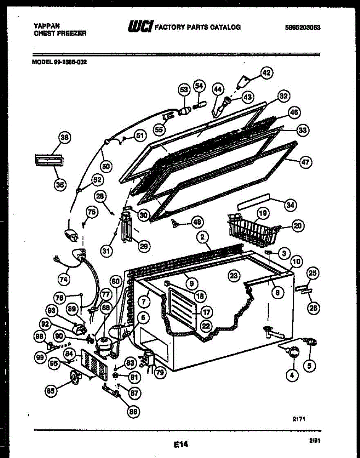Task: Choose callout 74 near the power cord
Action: [64, 279]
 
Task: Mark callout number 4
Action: [292, 375]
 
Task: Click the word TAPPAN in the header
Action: [47, 26]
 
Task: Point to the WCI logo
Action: [140, 26]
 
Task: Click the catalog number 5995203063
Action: [302, 27]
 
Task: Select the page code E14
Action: [181, 444]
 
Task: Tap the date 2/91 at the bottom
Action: [315, 441]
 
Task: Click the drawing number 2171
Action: [299, 419]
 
